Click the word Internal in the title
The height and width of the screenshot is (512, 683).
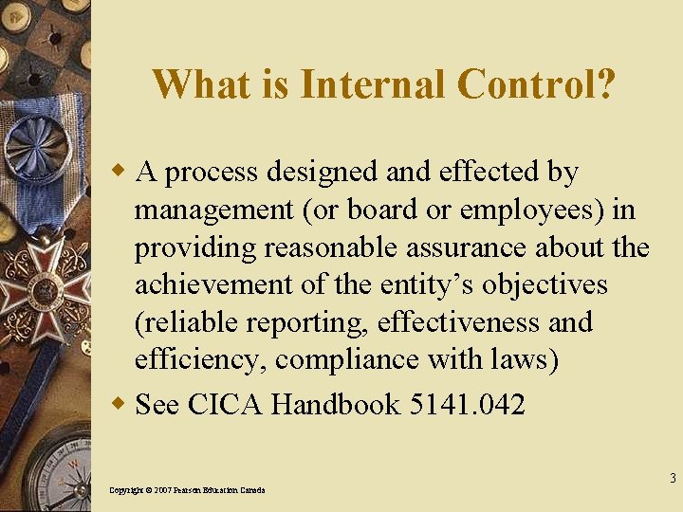[373, 84]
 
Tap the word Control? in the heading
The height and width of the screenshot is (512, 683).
[536, 84]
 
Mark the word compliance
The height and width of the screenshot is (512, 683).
[320, 360]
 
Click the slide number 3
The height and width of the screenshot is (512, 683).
[672, 478]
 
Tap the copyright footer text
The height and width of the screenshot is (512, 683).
[187, 489]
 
